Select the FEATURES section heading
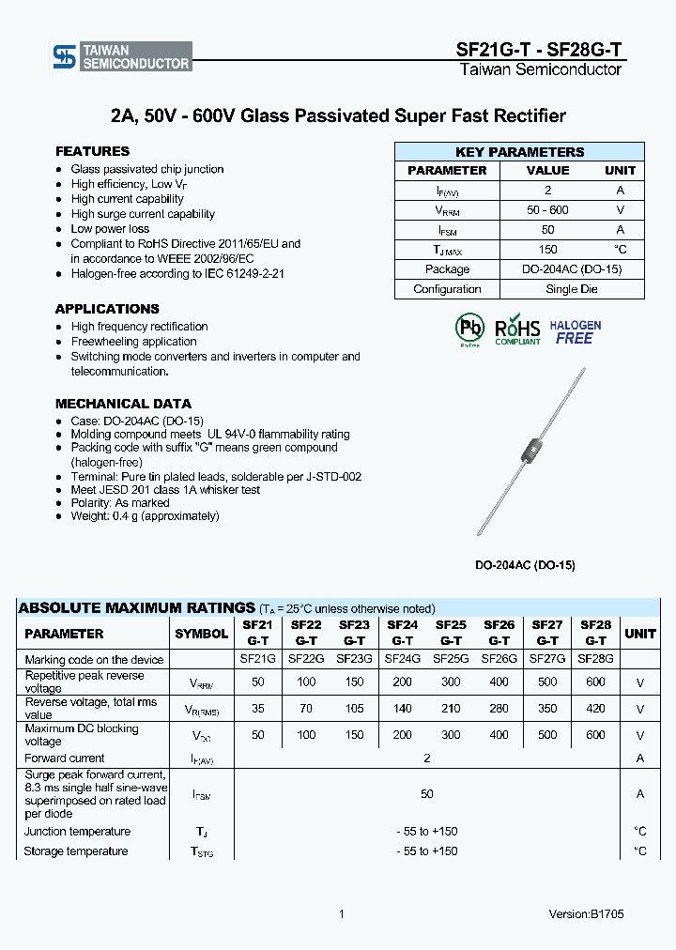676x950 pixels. (92, 151)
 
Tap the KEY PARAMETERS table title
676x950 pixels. (519, 152)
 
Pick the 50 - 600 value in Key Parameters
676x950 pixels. (547, 210)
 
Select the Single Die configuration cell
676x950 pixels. (571, 289)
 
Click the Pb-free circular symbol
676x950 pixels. (469, 329)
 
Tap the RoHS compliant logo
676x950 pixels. (517, 329)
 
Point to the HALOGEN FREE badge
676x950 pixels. (575, 331)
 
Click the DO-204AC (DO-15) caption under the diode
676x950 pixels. (525, 565)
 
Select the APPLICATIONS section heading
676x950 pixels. (107, 309)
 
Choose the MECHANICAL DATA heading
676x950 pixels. (123, 404)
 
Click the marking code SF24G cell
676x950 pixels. (402, 659)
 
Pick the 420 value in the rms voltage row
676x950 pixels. (595, 709)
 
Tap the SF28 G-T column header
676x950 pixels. (595, 633)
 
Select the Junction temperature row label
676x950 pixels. (77, 832)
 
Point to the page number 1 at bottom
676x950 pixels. (342, 914)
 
